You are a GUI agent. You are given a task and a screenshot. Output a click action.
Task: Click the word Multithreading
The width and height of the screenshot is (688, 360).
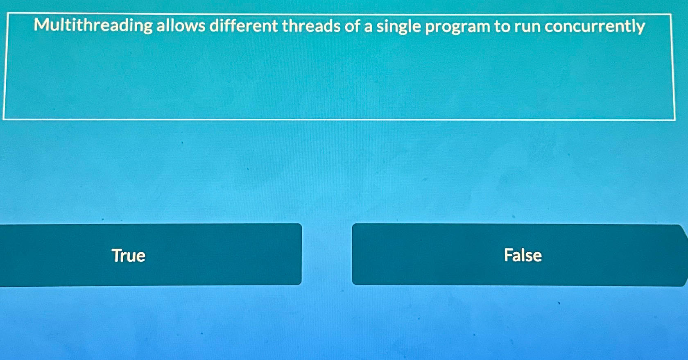(x=93, y=26)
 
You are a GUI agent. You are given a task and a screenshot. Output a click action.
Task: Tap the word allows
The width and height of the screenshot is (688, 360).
(x=181, y=26)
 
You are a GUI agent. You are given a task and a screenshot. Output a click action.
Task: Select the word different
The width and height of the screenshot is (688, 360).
(x=244, y=26)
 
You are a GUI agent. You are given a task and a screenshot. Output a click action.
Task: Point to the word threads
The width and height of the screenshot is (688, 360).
(x=311, y=26)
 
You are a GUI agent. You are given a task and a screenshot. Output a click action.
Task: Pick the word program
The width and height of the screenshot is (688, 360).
(x=457, y=27)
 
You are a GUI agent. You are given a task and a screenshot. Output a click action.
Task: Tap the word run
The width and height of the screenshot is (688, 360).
(x=527, y=27)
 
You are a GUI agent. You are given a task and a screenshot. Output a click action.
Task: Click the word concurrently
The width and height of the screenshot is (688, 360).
(x=595, y=27)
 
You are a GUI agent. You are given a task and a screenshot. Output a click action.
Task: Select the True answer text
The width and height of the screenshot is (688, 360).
(x=129, y=256)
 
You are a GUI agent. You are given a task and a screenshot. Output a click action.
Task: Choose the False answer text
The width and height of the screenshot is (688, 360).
(x=523, y=255)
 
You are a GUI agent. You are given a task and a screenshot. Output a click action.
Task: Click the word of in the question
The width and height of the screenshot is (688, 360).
(x=352, y=26)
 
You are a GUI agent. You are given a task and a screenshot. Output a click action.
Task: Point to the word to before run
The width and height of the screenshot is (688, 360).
(x=502, y=26)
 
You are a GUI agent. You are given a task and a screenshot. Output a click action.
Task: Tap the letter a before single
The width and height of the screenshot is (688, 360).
(x=368, y=27)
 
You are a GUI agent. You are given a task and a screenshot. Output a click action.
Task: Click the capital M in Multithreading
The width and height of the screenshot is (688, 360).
(x=41, y=25)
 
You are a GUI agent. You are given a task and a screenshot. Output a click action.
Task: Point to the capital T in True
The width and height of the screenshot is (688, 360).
(x=117, y=255)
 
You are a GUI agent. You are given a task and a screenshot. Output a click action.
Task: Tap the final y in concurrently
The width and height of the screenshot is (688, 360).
(x=640, y=28)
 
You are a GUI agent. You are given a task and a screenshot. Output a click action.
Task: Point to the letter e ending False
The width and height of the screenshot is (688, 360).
(x=537, y=256)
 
